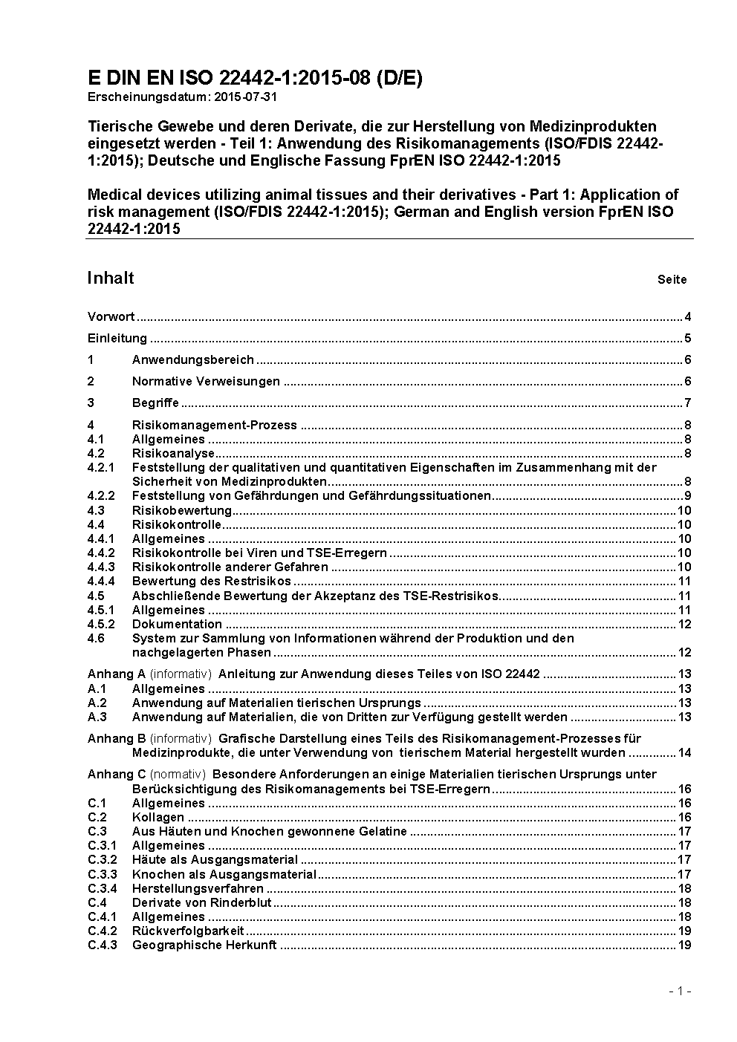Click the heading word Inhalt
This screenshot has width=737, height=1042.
[x=111, y=278]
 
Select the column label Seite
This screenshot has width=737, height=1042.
[x=672, y=280]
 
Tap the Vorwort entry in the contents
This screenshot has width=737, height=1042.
[x=111, y=317]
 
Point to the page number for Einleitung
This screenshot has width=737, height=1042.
[x=688, y=339]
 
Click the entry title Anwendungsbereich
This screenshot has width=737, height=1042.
[x=192, y=360]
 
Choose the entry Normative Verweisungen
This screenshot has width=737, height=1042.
[x=206, y=382]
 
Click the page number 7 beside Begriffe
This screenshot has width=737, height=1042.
[x=688, y=403]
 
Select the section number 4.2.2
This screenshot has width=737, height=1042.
[x=100, y=495]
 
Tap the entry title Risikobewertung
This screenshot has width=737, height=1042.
[x=181, y=510]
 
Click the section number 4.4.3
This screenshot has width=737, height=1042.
[x=100, y=567]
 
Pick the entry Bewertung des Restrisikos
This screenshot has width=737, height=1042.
[x=211, y=582]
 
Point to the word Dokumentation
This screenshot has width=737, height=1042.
[x=177, y=624]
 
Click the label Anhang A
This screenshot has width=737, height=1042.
[x=117, y=674]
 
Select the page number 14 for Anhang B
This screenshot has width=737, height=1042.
[x=684, y=753]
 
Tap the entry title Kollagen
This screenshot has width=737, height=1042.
[x=158, y=818]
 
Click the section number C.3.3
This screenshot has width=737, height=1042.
[x=102, y=874]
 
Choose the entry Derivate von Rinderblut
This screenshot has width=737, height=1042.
[x=201, y=902]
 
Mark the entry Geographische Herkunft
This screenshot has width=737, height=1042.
[x=204, y=945]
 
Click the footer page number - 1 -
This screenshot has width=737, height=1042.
[x=680, y=991]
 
